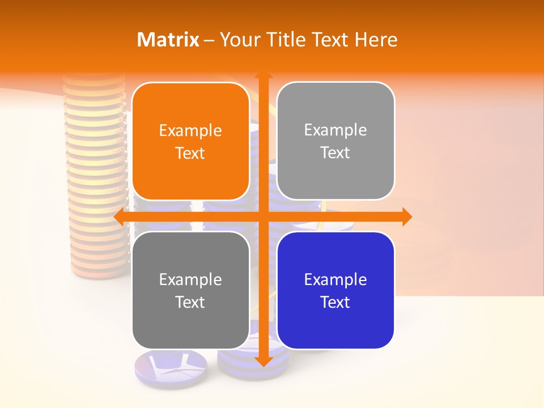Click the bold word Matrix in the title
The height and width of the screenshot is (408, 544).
point(168,40)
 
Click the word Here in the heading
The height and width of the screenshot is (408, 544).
point(376,40)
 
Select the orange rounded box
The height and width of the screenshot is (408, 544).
point(190,142)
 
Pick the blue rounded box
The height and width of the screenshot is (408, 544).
point(335,290)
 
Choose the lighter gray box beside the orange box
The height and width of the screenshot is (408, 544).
point(335,141)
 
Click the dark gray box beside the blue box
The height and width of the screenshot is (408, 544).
point(190,290)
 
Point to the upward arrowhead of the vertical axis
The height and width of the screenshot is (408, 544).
point(263,76)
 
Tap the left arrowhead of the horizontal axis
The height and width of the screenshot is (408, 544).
point(120,216)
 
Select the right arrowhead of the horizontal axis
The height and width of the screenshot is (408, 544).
point(406,216)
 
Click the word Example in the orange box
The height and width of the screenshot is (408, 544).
point(190,131)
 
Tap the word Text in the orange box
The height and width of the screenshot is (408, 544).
point(190,154)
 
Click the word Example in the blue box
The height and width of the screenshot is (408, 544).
point(335,279)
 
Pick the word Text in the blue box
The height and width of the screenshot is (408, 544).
point(335,302)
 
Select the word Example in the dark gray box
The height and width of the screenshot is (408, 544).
point(190,279)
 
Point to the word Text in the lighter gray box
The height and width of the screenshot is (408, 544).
point(335,153)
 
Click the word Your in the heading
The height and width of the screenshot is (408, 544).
point(239,40)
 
